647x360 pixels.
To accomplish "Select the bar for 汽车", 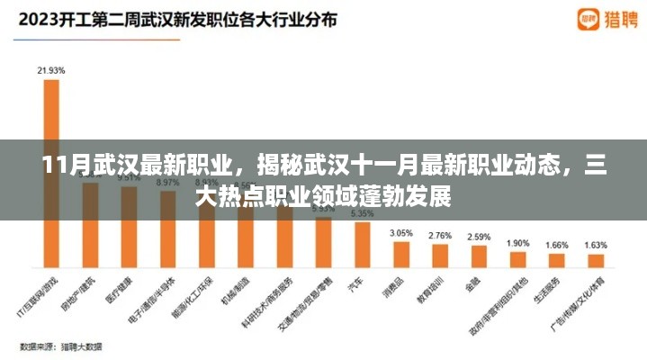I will click(362, 246).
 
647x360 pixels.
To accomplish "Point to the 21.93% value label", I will click(51, 69).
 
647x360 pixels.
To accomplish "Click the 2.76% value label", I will click(440, 235).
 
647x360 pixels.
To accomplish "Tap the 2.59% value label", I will click(479, 237).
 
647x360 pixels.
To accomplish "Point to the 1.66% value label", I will click(557, 244).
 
